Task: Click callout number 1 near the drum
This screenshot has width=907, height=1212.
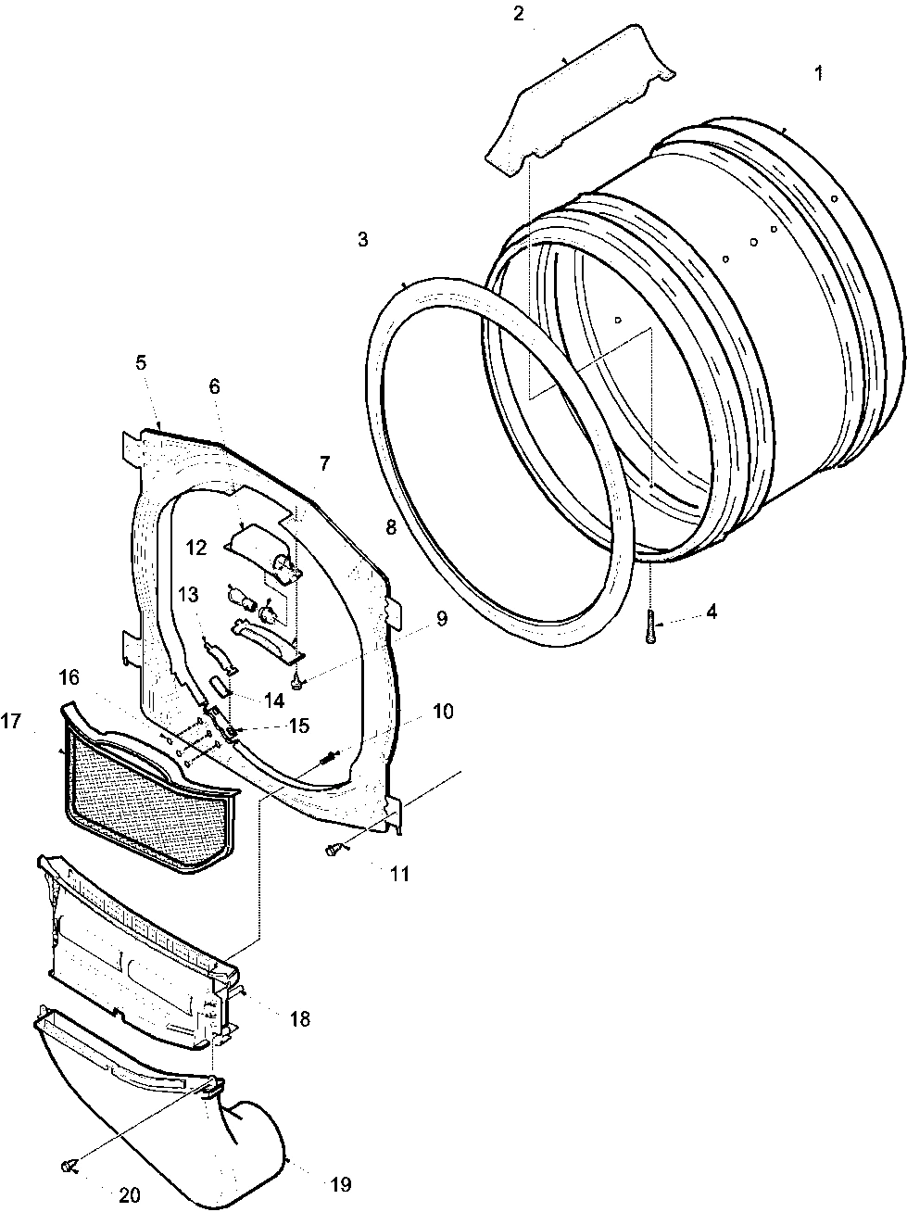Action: point(818,73)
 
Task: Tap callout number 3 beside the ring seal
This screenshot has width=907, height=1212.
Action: point(362,240)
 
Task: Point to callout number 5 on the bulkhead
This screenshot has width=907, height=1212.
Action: point(140,363)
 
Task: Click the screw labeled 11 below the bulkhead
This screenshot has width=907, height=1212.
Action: point(333,849)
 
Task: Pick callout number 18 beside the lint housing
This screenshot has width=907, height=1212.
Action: point(299,1019)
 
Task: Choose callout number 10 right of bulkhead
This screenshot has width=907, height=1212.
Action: point(442,712)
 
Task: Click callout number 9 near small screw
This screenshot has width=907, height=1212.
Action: point(441,619)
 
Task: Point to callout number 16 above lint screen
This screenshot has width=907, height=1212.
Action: point(69,677)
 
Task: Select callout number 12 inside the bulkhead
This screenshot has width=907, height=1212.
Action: point(196,548)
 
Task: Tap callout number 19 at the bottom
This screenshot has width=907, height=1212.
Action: point(340,1184)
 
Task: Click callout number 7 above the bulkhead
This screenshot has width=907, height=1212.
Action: point(323,461)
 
